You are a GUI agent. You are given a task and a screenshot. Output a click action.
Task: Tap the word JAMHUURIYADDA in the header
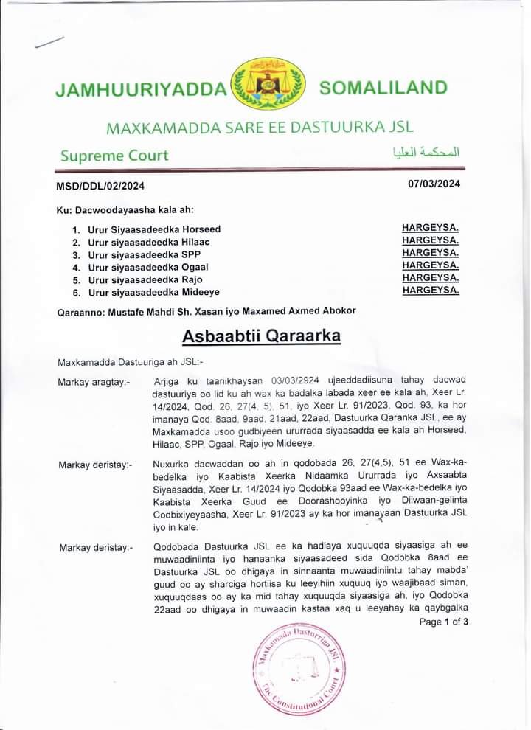pyautogui.click(x=141, y=90)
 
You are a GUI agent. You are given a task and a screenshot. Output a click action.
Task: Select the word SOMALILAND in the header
pyautogui.click(x=383, y=88)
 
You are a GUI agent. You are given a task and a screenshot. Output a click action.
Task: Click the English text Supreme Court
pyautogui.click(x=114, y=156)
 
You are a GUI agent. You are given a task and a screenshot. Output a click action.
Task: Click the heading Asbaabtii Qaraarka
pyautogui.click(x=262, y=336)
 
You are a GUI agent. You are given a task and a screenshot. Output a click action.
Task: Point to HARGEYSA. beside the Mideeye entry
pyautogui.click(x=431, y=290)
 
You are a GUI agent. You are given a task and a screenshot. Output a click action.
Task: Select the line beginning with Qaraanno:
pyautogui.click(x=206, y=310)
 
